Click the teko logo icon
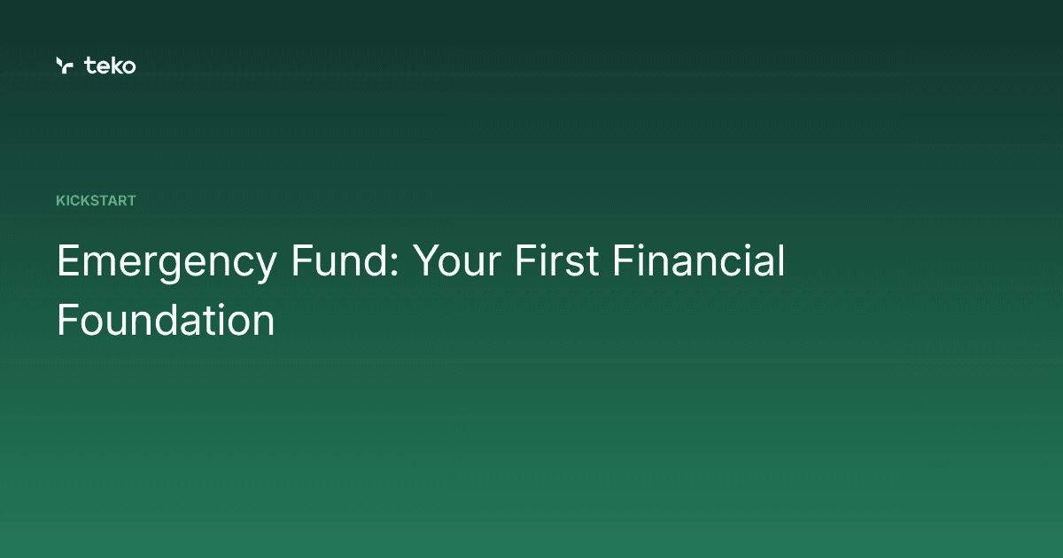coord(64,65)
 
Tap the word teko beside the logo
coord(111,65)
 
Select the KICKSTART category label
coord(96,201)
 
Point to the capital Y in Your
coord(428,262)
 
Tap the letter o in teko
coord(129,66)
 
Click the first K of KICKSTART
coord(60,201)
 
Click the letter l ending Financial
coord(780,261)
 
